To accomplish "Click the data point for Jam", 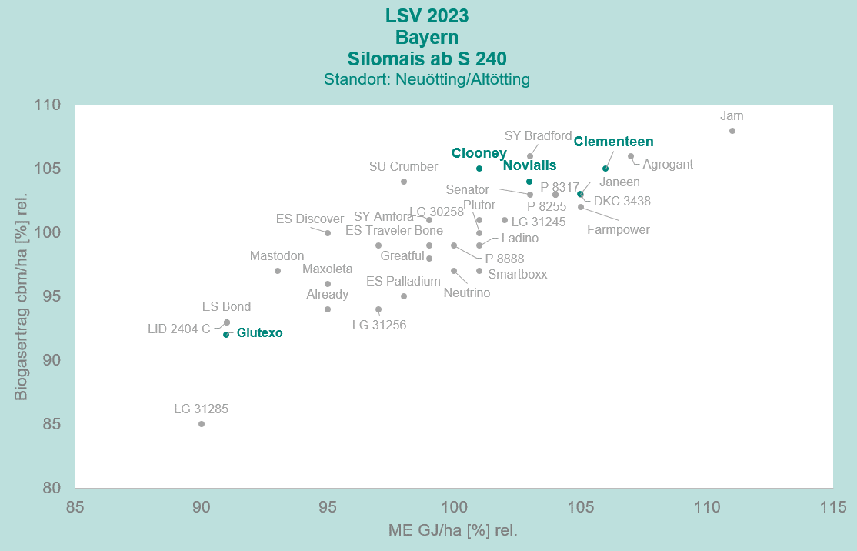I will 732,131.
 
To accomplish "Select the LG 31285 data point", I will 202,424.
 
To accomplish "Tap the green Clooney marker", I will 479,169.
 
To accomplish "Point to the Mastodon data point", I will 278,271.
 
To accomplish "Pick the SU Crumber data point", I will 404,182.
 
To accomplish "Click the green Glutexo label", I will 260,333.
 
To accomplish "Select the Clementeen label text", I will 613,142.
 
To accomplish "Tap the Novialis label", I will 529,165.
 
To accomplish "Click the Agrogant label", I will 668,164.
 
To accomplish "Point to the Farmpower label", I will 619,229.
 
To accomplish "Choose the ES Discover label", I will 310,219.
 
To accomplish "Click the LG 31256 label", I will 379,325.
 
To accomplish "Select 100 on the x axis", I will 454,507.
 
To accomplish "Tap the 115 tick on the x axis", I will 833,507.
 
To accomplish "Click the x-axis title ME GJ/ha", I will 453,530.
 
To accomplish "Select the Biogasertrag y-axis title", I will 22,296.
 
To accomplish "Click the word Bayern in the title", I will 427,37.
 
